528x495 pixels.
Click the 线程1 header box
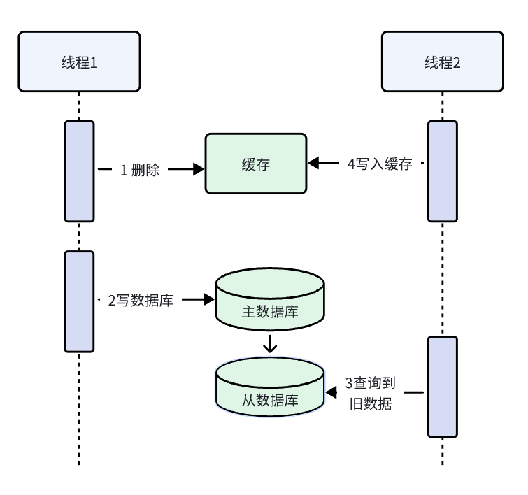click(79, 62)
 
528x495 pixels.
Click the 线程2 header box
click(443, 62)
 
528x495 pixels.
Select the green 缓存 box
click(255, 164)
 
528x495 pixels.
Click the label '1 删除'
click(141, 169)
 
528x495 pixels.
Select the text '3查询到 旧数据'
click(371, 393)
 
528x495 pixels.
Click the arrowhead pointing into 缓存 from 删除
click(197, 168)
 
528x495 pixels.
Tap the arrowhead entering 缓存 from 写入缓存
click(313, 163)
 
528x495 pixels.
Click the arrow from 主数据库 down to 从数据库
click(270, 345)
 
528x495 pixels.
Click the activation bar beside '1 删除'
click(79, 171)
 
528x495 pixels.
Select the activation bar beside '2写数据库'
click(79, 301)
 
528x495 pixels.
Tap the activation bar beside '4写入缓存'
click(443, 171)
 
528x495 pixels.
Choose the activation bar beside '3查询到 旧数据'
click(443, 387)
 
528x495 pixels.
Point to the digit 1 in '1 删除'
click(123, 169)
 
